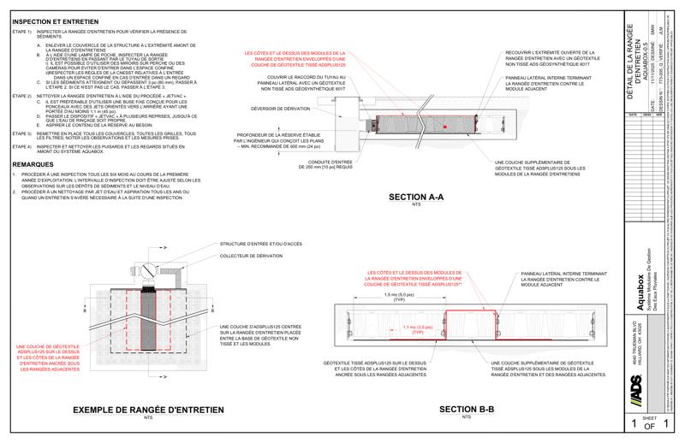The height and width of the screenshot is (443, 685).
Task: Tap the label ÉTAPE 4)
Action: coord(21,147)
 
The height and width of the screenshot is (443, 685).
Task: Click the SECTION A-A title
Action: coord(416,198)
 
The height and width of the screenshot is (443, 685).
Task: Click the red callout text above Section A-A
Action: coord(295,58)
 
